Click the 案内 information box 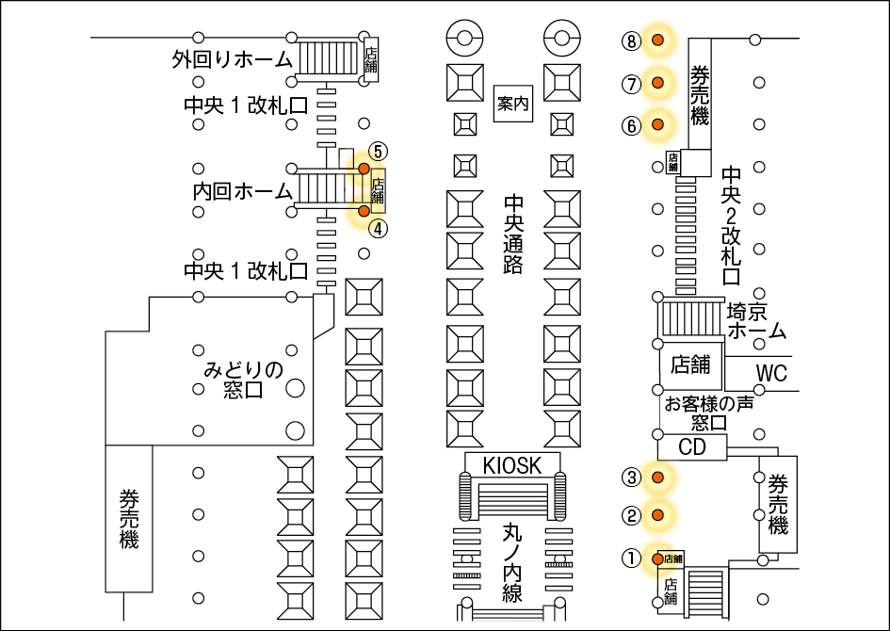coord(513,104)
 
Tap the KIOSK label coord(512,465)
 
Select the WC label coord(771,373)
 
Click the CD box coord(692,447)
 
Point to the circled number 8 coord(631,40)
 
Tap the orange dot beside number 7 coord(658,83)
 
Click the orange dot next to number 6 coord(658,123)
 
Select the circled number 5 coord(378,152)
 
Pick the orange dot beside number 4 coord(364,211)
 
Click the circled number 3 coord(631,477)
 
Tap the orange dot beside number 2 coord(658,515)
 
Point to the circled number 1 coord(631,558)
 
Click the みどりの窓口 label coord(243,380)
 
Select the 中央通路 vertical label coord(513,235)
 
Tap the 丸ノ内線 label coord(512,562)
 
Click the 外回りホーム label coord(232,59)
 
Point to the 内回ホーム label coord(243,191)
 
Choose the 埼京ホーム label coord(756,320)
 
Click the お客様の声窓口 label coord(709,413)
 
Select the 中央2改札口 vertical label coord(731,225)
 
